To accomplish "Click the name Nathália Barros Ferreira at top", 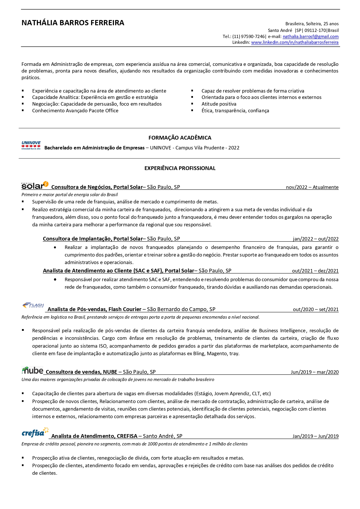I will point(73,23).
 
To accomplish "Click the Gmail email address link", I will point(310,37).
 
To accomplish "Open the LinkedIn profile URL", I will point(295,42).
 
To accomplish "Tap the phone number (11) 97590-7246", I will point(248,37).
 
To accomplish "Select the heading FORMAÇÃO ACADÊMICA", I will point(180,138).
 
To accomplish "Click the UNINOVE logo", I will point(31,145).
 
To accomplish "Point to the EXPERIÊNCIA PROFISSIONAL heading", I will point(180,168).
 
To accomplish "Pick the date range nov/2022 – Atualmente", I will point(312,187).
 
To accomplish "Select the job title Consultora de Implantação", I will point(77,239).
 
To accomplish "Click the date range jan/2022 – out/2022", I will point(316,239).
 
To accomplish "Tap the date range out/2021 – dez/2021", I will point(315,271).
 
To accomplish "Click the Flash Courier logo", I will point(33,306).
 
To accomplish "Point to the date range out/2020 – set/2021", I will point(316,309).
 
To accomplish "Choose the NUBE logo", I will point(32,371).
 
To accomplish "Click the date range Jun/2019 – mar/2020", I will point(315,372).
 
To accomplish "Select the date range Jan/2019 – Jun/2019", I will point(316,436).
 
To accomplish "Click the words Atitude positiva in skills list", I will point(219,104).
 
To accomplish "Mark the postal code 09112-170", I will point(315,30).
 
